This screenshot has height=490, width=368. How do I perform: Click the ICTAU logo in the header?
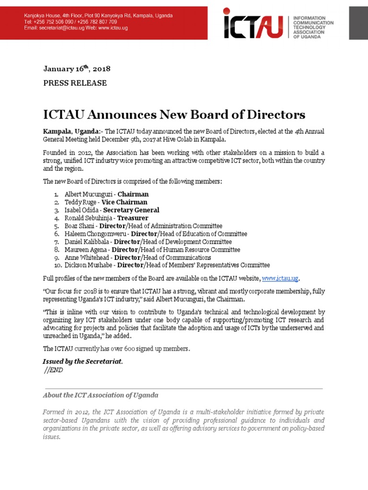click(x=256, y=23)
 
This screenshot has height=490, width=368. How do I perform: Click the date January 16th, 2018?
click(x=77, y=68)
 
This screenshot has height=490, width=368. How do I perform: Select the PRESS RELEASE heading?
click(x=75, y=83)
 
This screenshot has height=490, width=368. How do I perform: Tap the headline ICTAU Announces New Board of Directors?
click(x=174, y=115)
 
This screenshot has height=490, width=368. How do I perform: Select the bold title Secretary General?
click(x=131, y=210)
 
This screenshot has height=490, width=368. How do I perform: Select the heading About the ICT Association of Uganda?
click(x=100, y=395)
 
